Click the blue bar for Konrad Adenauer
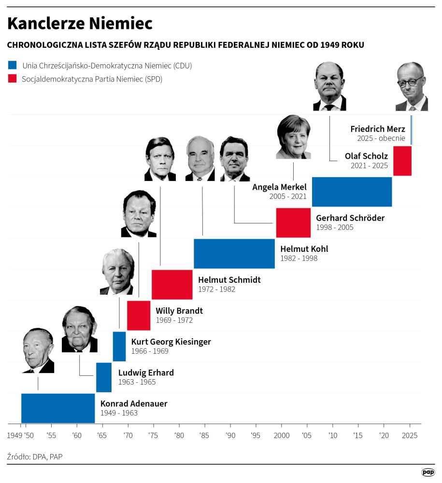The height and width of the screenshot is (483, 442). (58, 408)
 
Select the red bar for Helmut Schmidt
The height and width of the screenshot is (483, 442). (172, 285)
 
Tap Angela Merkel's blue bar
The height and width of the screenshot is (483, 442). (352, 192)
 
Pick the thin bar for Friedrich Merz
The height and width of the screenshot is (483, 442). (412, 129)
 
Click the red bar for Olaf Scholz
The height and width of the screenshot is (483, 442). (402, 161)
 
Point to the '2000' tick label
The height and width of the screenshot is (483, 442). (281, 435)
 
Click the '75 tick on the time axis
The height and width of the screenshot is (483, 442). (153, 435)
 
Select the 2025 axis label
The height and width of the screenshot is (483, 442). (410, 435)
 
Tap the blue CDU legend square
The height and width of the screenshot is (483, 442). (13, 65)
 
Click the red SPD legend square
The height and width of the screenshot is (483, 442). (13, 79)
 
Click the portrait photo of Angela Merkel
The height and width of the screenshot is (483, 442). (293, 137)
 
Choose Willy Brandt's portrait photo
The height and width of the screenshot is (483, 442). (139, 214)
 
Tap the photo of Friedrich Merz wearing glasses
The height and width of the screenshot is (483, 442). (412, 87)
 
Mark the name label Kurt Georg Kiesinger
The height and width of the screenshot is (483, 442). (171, 342)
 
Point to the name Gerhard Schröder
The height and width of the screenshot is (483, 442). (350, 218)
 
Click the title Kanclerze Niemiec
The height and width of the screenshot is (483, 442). (80, 23)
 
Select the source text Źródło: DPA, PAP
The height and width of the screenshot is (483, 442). (35, 456)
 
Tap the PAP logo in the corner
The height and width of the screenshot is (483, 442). (428, 472)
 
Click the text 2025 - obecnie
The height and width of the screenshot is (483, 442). (381, 138)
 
